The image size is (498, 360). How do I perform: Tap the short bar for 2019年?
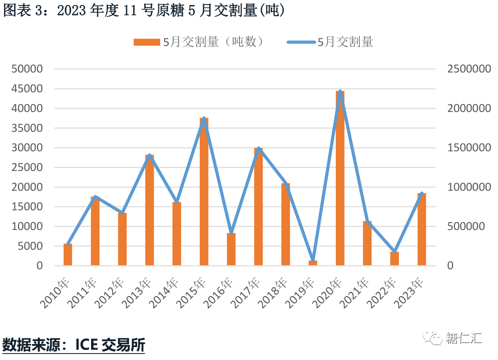(x=313, y=262)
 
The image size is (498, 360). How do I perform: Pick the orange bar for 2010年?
(x=68, y=254)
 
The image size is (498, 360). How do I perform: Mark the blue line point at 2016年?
(x=231, y=233)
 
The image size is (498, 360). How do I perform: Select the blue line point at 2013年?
(x=150, y=155)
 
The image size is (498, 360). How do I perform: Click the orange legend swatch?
(x=146, y=42)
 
